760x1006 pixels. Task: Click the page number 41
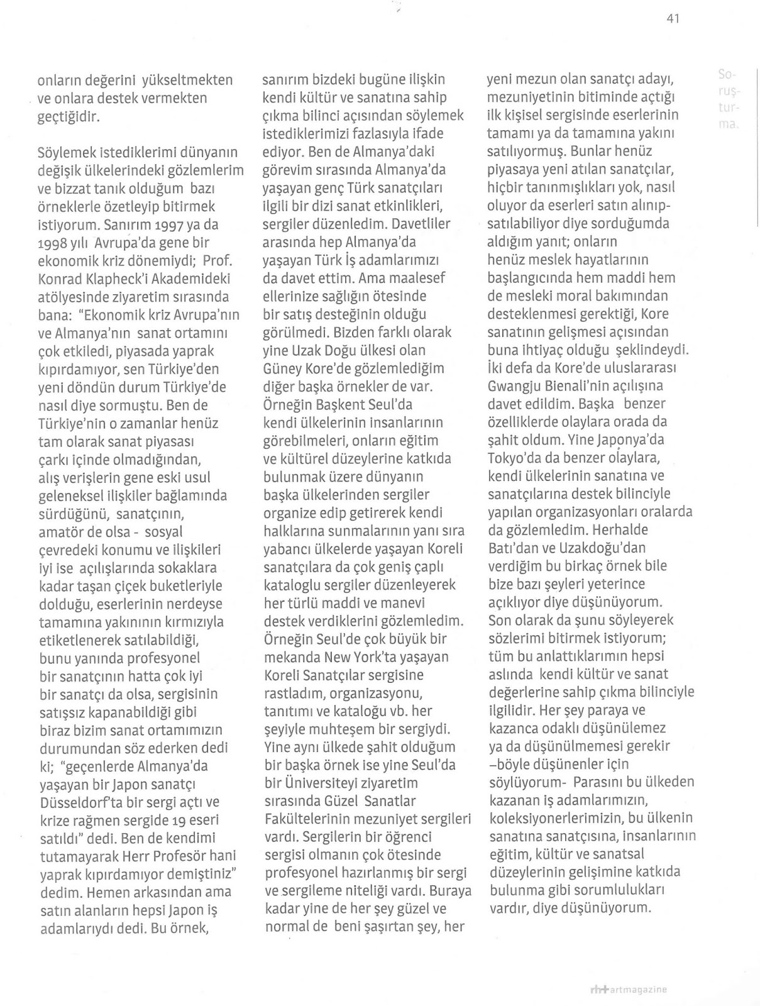(x=673, y=19)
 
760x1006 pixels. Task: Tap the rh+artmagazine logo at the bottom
(x=626, y=989)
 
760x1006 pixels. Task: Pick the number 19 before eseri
(x=175, y=821)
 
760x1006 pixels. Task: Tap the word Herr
(x=149, y=856)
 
